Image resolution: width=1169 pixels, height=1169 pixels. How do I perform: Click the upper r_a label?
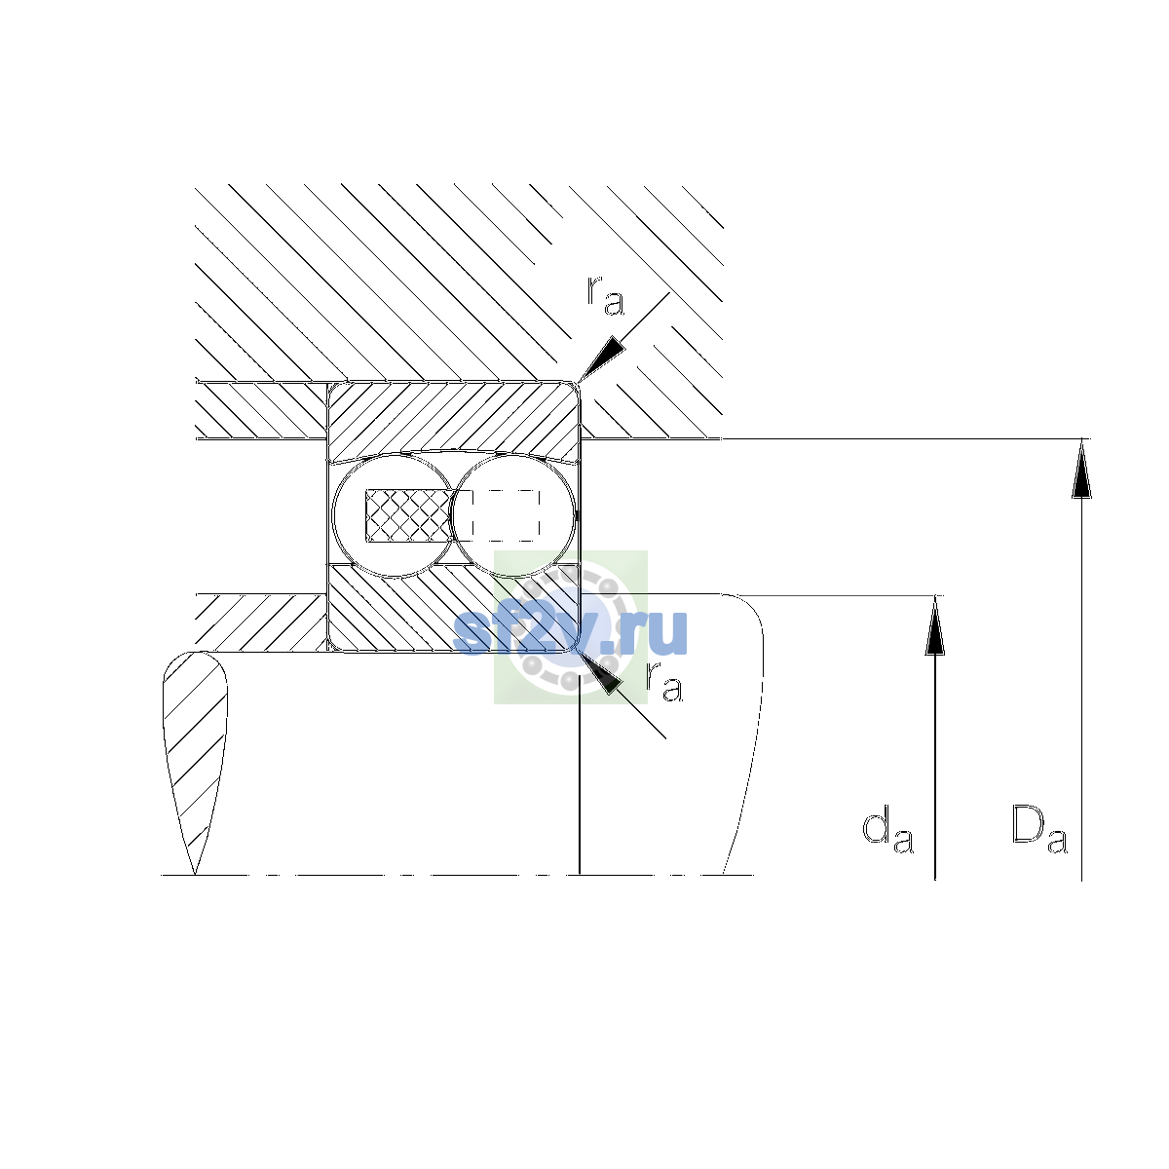coord(605,296)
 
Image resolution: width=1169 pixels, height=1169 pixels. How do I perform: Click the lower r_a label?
coord(664,682)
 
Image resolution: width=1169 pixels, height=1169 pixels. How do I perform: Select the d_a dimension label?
coord(888,830)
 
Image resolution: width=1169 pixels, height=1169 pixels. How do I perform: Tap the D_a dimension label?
coord(1039,829)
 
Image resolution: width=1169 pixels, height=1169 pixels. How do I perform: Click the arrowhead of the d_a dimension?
coord(935,625)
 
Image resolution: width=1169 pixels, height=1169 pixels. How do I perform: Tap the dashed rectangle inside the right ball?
coord(506,515)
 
